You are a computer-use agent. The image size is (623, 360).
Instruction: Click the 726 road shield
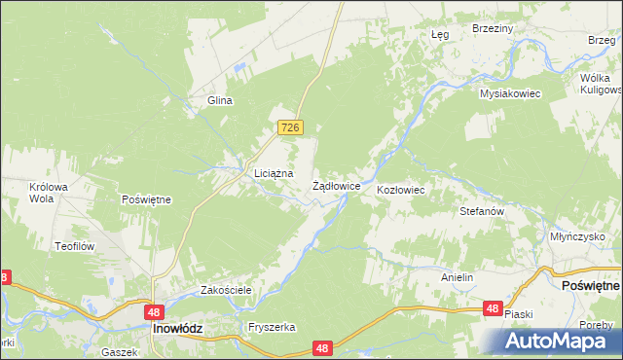291,127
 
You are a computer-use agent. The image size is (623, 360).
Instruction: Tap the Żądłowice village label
337,185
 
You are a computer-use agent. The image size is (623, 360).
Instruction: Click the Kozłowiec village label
401,190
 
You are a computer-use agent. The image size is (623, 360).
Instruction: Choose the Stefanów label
481,210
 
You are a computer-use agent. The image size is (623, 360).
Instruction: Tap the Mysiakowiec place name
509,93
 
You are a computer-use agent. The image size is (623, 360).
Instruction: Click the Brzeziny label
492,29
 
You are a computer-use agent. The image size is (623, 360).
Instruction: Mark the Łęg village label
439,34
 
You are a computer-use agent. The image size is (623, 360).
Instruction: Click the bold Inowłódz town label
177,329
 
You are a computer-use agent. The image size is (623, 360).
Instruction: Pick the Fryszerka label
272,328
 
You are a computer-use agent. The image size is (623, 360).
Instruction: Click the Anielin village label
457,277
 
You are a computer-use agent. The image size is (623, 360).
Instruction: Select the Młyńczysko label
577,236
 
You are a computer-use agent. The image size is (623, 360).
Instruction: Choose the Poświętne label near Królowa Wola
146,199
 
